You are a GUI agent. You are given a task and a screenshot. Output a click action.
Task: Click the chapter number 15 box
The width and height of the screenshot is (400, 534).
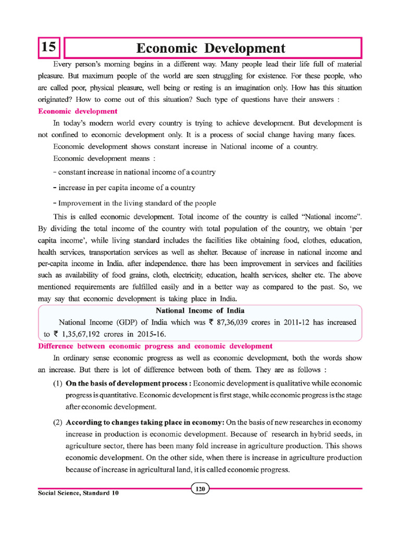pyautogui.click(x=48, y=48)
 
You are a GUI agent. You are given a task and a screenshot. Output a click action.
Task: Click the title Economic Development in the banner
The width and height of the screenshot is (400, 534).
pyautogui.click(x=210, y=48)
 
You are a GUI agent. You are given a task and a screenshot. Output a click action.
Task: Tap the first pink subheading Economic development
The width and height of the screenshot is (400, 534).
pyautogui.click(x=78, y=111)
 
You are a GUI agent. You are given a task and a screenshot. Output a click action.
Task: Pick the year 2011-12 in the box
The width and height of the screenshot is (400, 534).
pyautogui.click(x=293, y=323)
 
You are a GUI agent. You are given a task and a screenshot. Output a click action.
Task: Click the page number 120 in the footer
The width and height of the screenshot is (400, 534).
pyautogui.click(x=200, y=489)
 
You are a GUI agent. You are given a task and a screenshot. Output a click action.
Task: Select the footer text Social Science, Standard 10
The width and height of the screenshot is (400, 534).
pyautogui.click(x=79, y=493)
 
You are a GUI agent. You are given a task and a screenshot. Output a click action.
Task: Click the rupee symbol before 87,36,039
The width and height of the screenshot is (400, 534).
pyautogui.click(x=219, y=323)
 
